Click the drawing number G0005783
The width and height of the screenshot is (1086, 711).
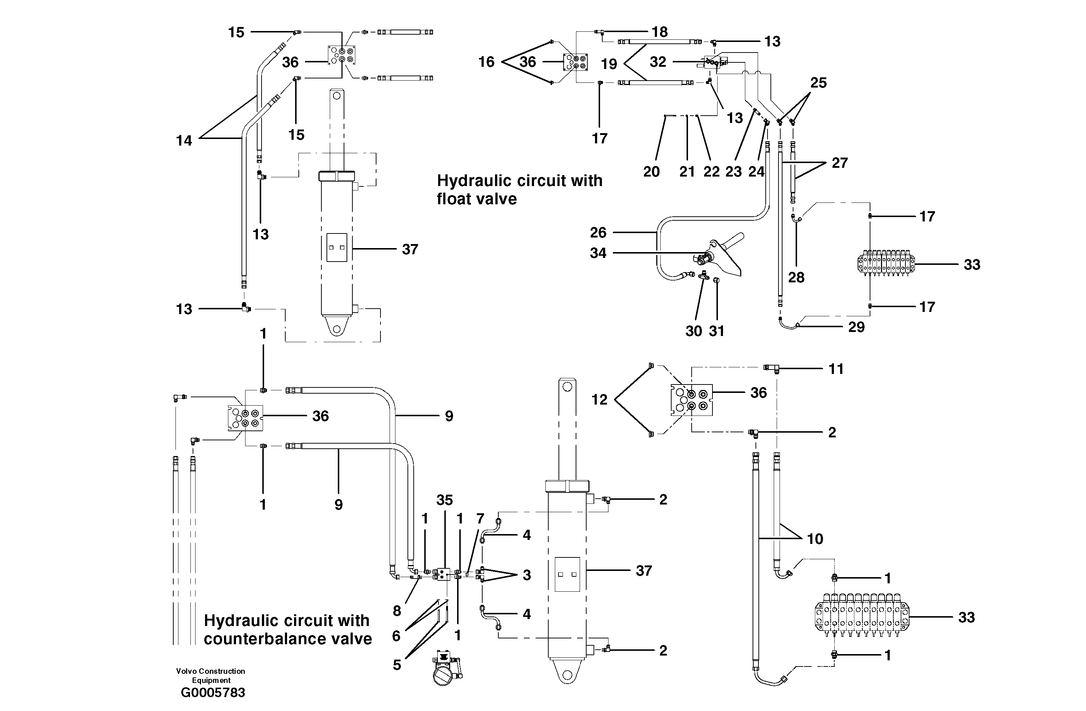213,692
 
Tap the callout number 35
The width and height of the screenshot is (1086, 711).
444,500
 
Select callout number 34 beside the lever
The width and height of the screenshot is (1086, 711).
598,253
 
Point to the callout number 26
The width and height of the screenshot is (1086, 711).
598,232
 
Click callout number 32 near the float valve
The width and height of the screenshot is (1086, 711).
657,62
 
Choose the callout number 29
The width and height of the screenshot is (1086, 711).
856,327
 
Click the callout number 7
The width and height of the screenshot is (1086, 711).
480,518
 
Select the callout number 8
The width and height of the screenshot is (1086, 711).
397,611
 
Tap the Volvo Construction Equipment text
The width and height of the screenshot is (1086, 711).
210,675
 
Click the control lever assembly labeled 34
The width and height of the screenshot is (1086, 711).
719,258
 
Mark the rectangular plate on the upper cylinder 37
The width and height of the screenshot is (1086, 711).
337,247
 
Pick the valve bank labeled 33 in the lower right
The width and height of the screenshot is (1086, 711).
862,617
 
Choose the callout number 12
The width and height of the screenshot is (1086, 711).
599,400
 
